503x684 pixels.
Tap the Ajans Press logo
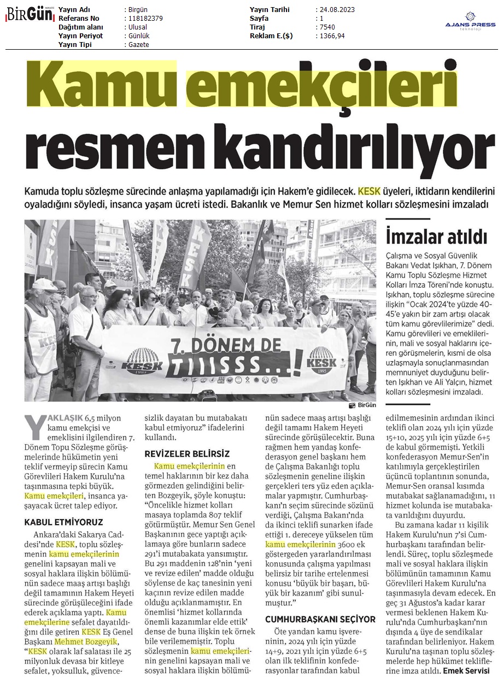tap(470, 23)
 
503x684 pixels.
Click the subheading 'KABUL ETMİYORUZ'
tap(63, 522)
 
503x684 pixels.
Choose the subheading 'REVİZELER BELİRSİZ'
tap(187, 454)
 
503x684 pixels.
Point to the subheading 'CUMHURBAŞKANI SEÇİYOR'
tap(320, 619)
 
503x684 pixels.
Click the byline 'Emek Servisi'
tap(466, 670)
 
